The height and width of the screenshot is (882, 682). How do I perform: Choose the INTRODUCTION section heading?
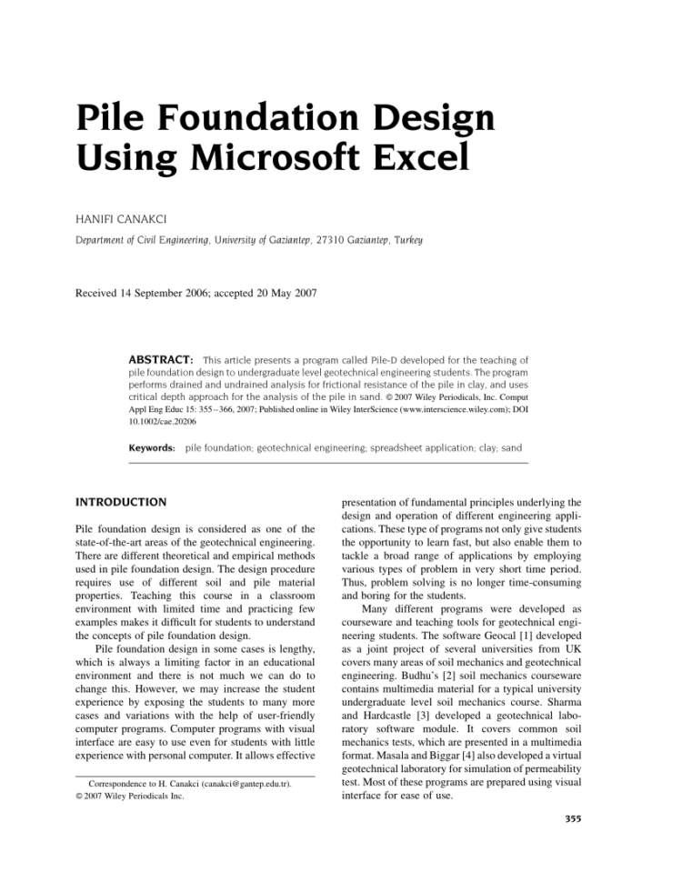(x=121, y=502)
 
